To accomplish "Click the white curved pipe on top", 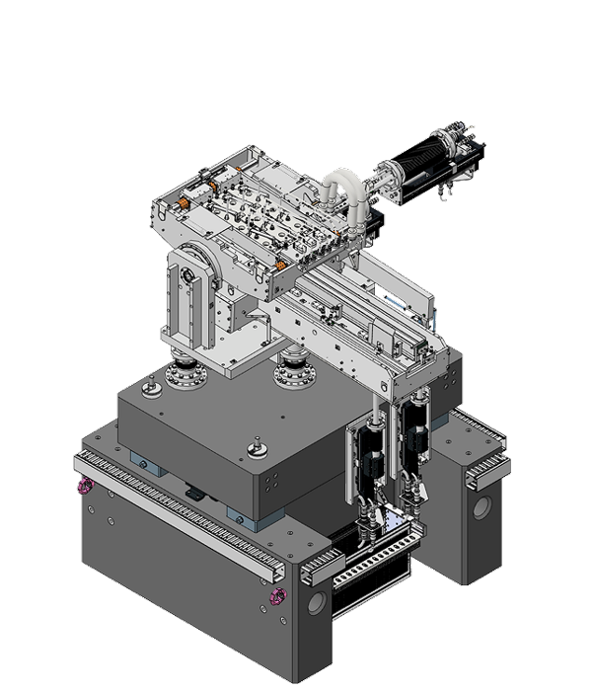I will coord(339,192).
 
